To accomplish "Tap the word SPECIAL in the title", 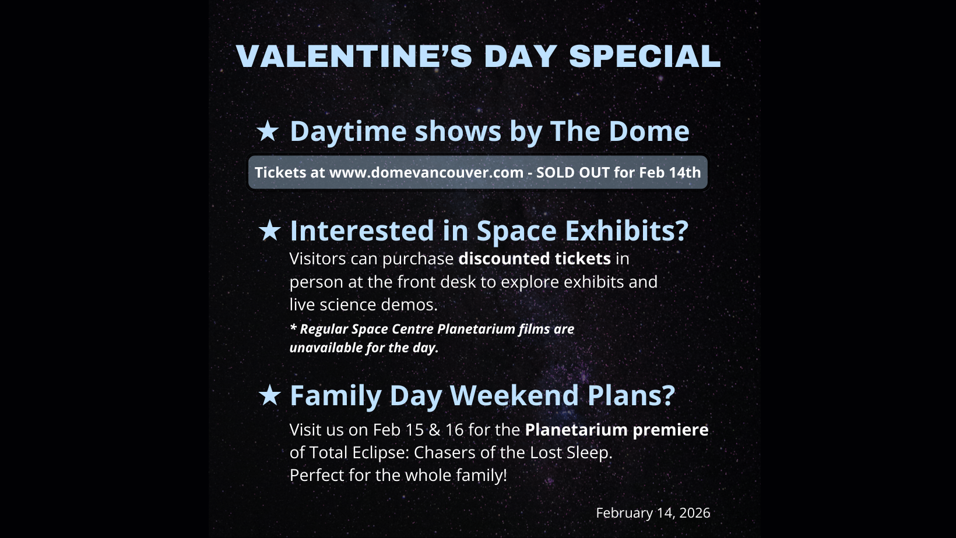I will pyautogui.click(x=645, y=56).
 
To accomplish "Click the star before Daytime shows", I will pyautogui.click(x=268, y=131).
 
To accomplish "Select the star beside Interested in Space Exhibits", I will pyautogui.click(x=269, y=231).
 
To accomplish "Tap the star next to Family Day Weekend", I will pyautogui.click(x=269, y=395).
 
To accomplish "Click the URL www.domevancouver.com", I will pyautogui.click(x=426, y=172).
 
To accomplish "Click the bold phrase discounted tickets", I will pyautogui.click(x=535, y=259).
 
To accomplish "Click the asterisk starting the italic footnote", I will pyautogui.click(x=293, y=328).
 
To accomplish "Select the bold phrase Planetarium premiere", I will pyautogui.click(x=616, y=430).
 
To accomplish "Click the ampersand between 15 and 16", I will pyautogui.click(x=434, y=430).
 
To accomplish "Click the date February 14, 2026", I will pyautogui.click(x=653, y=513).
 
